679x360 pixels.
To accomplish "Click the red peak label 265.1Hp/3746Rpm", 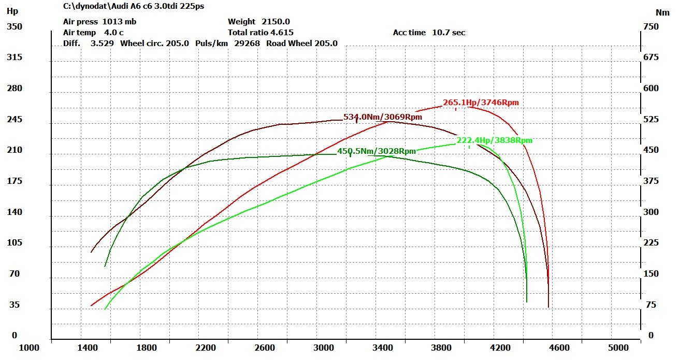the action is [481, 103].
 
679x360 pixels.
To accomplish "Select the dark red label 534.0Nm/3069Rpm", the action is [383, 117].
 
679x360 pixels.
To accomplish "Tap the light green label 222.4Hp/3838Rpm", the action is [495, 140].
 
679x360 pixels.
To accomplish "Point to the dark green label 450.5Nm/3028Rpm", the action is [377, 151].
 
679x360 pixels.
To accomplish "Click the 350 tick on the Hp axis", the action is [15, 27].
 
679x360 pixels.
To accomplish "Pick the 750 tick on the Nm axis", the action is [651, 27].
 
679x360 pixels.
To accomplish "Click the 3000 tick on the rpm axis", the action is [323, 348].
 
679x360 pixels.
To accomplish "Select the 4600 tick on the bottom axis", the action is [559, 348].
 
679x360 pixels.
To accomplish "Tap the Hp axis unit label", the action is [12, 11].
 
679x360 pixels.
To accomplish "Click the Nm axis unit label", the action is [662, 13].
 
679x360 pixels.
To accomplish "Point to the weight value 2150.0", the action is [276, 22].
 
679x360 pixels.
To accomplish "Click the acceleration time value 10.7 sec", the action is [449, 33].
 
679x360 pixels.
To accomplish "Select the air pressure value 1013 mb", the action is [119, 22].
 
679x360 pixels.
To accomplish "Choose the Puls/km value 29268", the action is [247, 44].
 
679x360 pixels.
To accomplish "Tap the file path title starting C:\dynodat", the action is [134, 6].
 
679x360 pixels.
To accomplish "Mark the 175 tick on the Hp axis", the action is [15, 181].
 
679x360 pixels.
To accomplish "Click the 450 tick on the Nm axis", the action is [651, 150].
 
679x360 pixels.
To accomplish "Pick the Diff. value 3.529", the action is [102, 44].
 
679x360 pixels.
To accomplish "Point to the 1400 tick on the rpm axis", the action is [88, 348].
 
